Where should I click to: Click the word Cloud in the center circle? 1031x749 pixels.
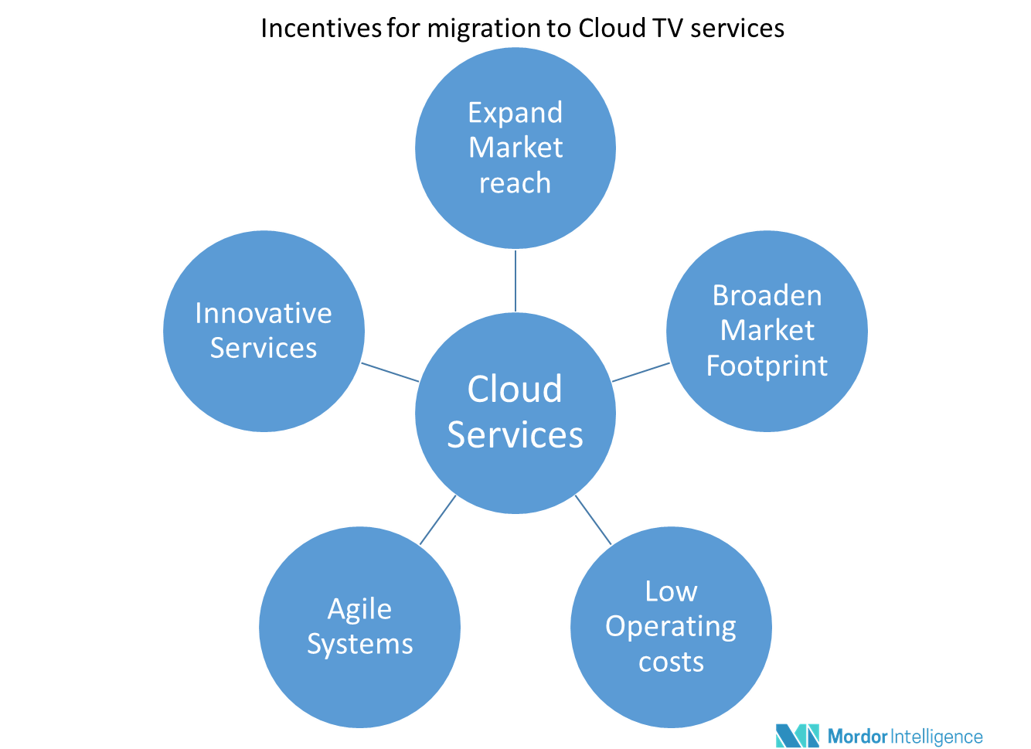[515, 389]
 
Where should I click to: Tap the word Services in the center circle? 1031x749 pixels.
[515, 434]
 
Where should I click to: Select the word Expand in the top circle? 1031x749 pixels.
[515, 113]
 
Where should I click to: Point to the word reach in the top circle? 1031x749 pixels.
[515, 183]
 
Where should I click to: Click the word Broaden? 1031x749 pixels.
[767, 295]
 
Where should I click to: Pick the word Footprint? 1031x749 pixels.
[767, 366]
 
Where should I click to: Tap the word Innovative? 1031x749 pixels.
[264, 313]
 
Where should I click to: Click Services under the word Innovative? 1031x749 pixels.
[264, 348]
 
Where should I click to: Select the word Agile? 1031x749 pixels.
[359, 609]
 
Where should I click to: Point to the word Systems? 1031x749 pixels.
[359, 644]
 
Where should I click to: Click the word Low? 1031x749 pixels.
[671, 591]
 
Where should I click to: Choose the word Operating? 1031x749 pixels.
[671, 626]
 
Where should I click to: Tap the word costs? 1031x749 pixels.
[671, 662]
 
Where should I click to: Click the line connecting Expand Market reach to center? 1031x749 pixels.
[515, 280]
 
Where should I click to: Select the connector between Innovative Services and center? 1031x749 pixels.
[390, 372]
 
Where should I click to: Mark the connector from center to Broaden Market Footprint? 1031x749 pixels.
[641, 372]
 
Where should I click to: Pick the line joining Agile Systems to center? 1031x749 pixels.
[437, 520]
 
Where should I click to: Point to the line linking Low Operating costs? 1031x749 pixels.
[594, 520]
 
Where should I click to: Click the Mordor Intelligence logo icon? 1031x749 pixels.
[797, 735]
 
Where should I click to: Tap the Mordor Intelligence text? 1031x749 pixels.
[905, 736]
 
